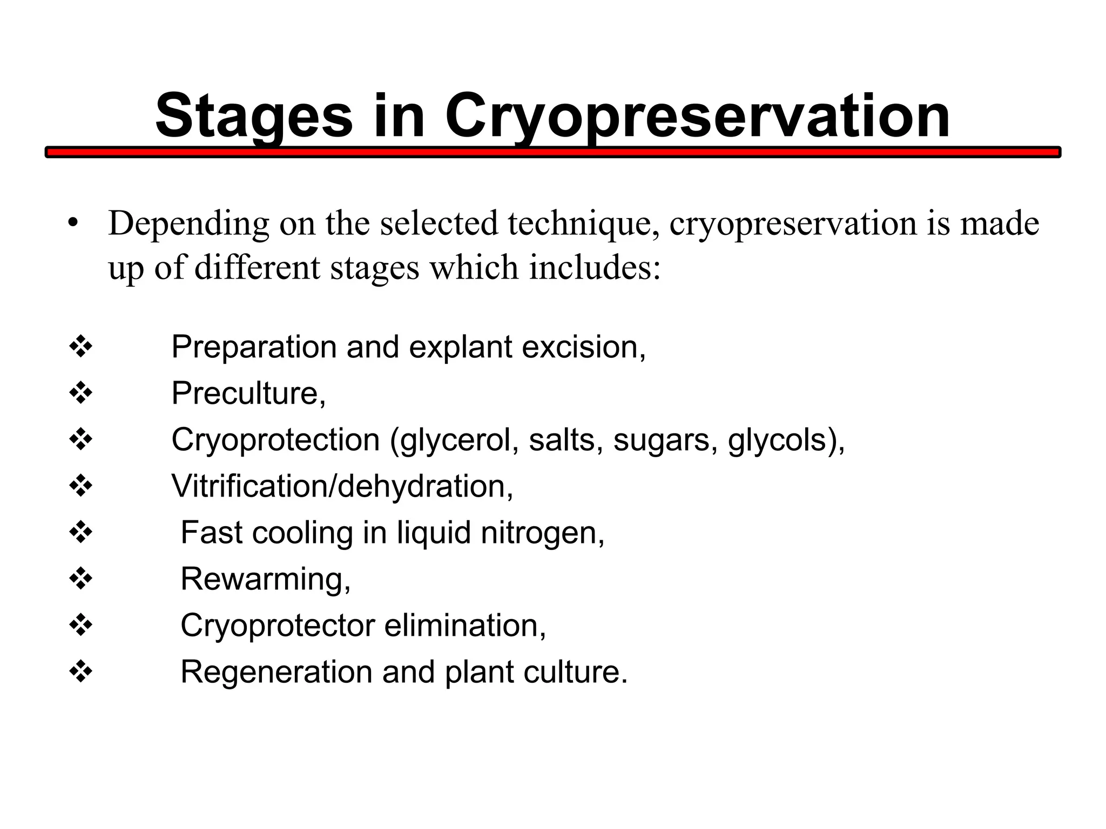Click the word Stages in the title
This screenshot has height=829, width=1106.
254,116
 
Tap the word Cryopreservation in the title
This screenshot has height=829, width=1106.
697,116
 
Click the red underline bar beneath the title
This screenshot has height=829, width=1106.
553,153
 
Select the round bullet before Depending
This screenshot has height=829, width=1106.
73,223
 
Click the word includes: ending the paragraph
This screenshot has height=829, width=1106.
595,268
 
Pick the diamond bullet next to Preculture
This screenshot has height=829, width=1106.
81,393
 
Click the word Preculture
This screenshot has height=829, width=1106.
248,393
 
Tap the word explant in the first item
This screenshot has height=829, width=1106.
460,347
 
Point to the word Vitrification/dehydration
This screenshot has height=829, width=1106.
342,486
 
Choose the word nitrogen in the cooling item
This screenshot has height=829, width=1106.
542,533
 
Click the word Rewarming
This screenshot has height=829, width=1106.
265,579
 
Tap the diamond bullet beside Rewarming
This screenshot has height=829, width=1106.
81,579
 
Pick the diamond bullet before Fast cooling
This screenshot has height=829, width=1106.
81,533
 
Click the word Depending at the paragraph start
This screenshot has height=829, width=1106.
188,223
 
